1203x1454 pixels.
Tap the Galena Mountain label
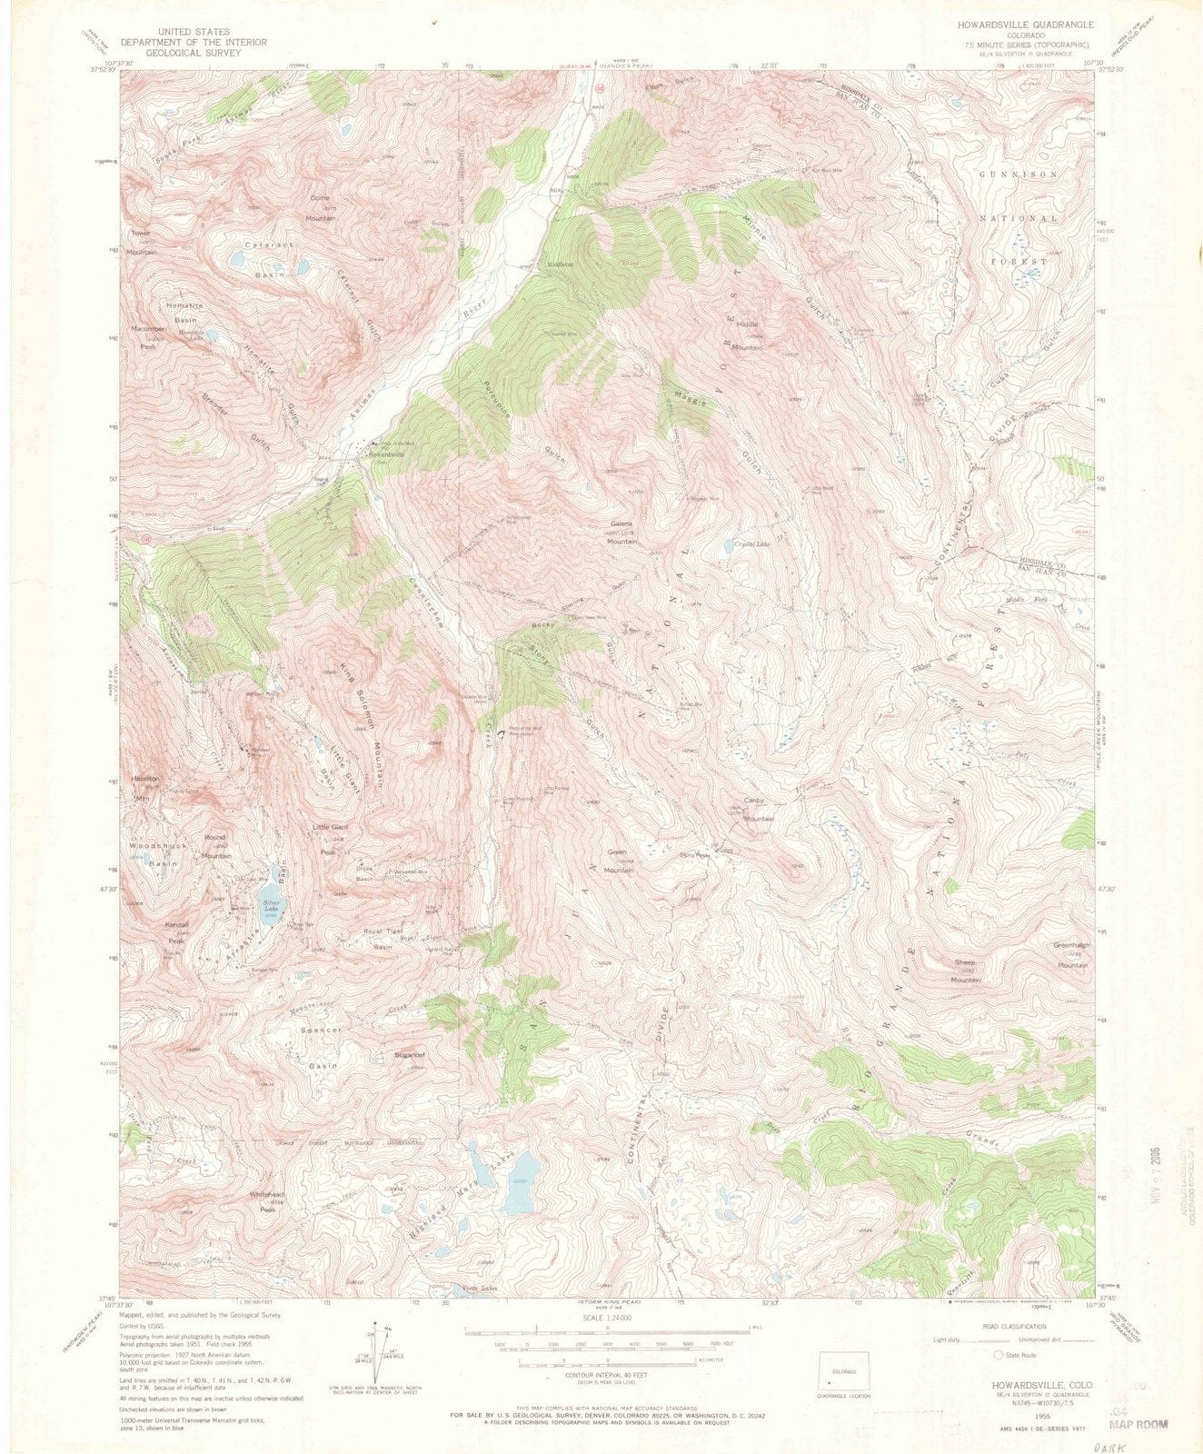[621, 533]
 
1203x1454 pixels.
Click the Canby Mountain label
[758, 809]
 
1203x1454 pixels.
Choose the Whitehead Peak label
[267, 1202]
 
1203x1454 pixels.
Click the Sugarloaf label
[410, 1060]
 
